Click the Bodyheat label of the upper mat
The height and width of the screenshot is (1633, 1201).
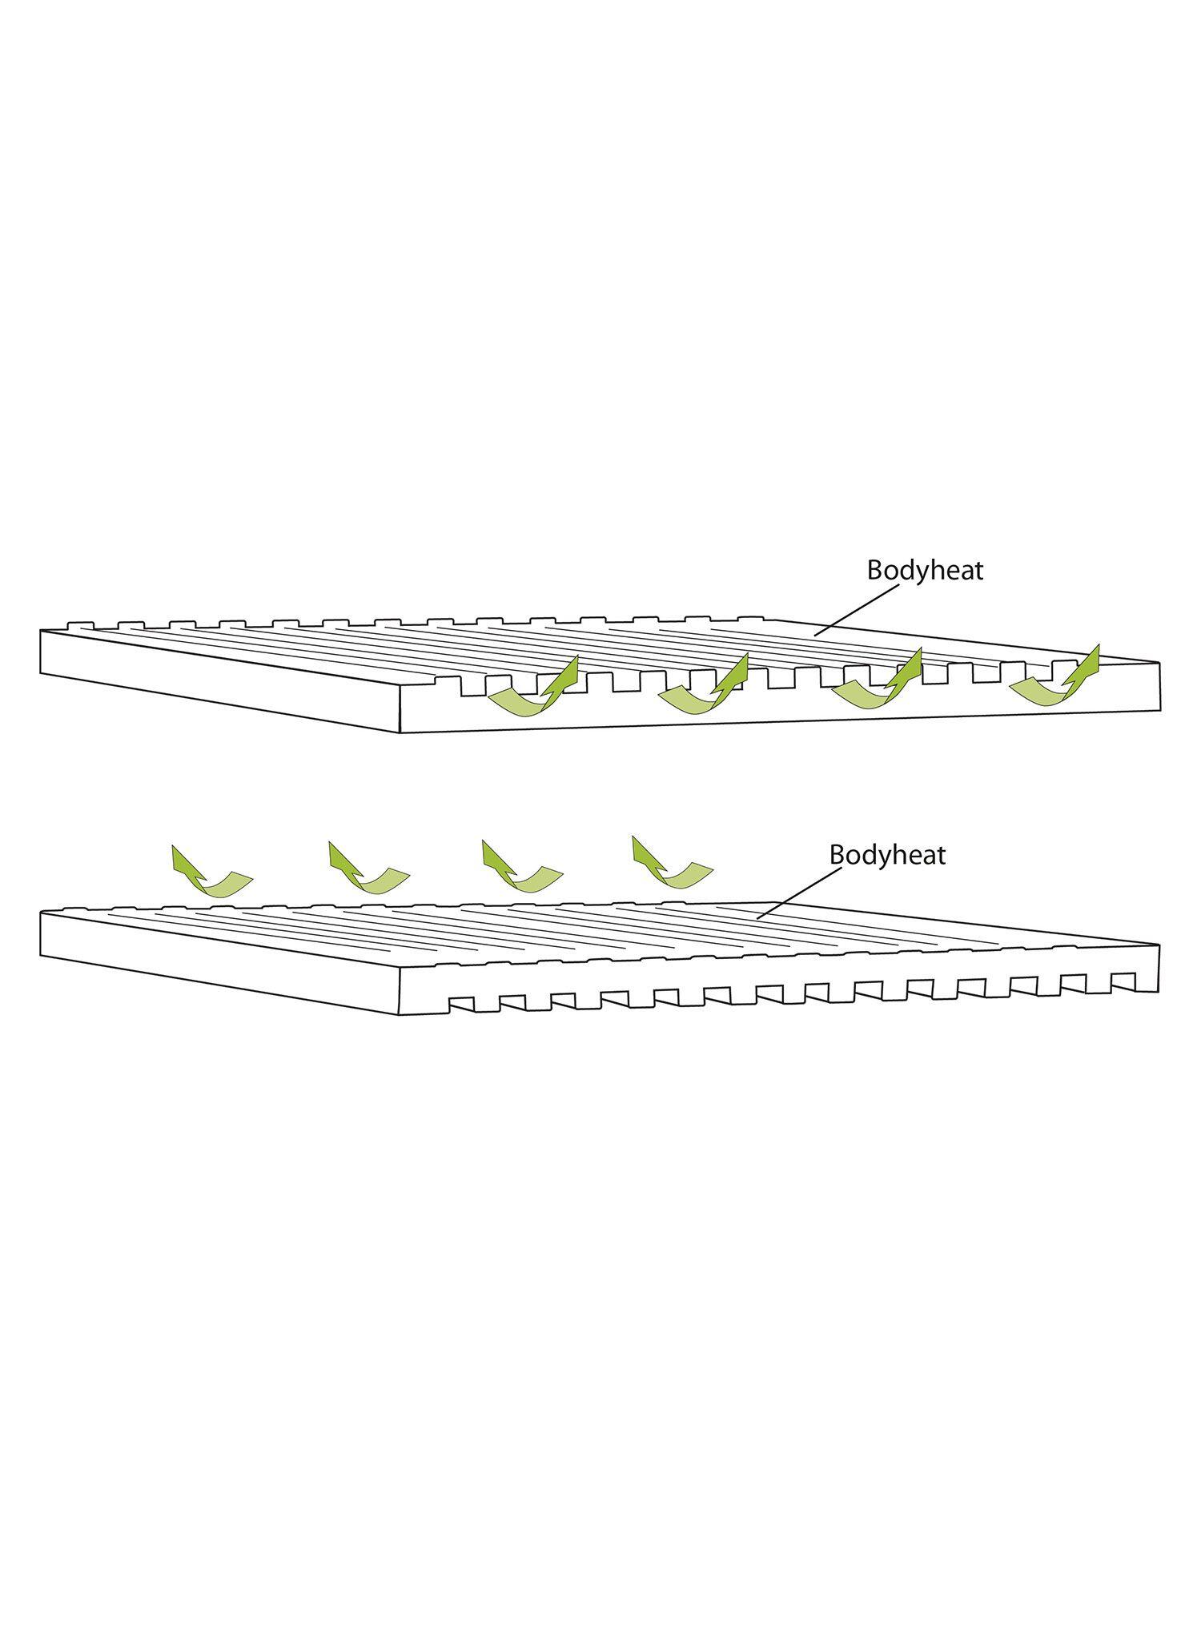click(x=925, y=571)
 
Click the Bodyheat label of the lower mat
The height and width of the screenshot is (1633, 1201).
click(x=887, y=855)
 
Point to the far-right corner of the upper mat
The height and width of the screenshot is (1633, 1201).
click(x=1160, y=663)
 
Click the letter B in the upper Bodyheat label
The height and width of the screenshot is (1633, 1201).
click(x=875, y=571)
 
